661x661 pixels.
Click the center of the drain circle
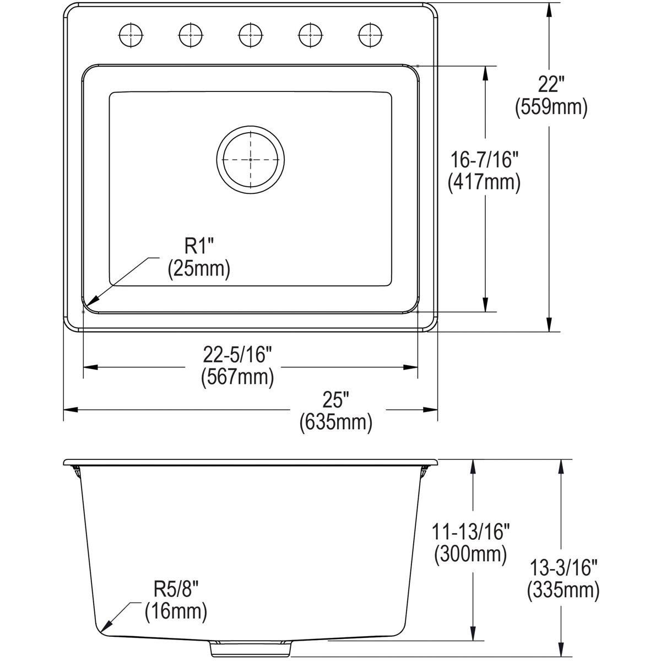251,159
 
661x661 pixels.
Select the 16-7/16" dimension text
484,160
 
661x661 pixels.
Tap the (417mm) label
484,182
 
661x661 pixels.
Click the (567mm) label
237,377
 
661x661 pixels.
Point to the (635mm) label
335,422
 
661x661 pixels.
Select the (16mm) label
176,611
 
